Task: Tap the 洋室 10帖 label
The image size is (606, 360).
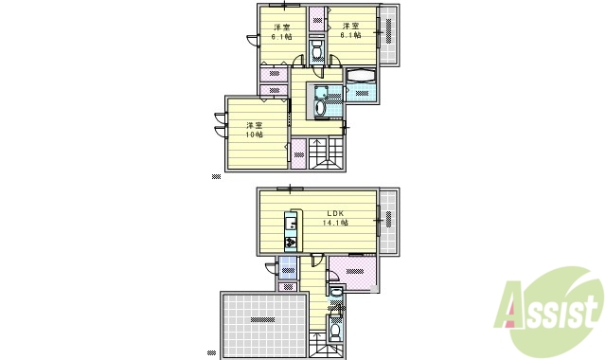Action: point(254,130)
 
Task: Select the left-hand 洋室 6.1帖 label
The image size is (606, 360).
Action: point(281,32)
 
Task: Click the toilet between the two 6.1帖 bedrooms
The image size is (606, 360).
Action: point(316,47)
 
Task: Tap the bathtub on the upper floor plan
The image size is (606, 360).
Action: point(361,76)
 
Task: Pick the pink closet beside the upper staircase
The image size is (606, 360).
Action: point(298,153)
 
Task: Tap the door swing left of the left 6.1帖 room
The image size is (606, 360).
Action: point(252,39)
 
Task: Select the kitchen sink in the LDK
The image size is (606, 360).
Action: point(292,226)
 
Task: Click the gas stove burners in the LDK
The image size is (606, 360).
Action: point(292,243)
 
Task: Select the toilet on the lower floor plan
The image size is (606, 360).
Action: point(336,333)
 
